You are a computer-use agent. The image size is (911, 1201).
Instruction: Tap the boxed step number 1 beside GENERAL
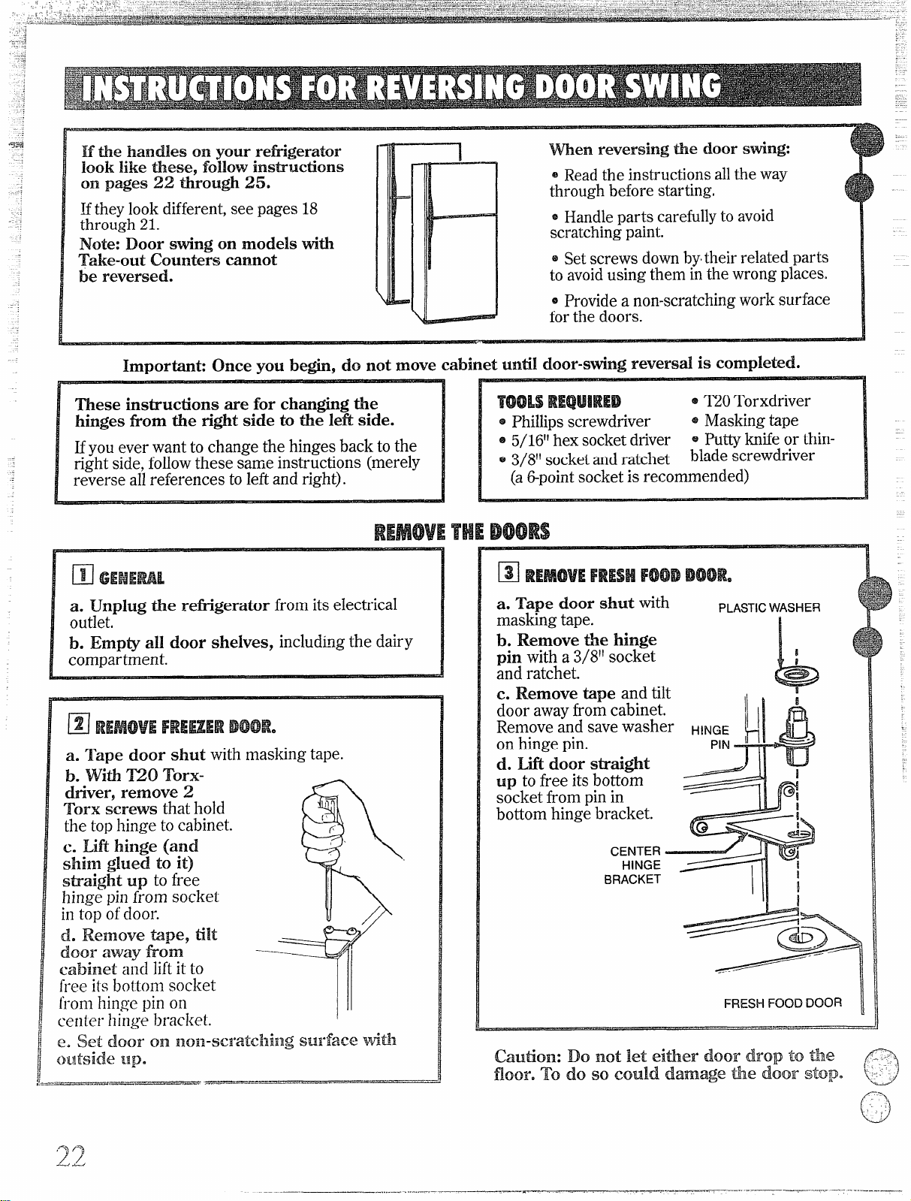tap(83, 575)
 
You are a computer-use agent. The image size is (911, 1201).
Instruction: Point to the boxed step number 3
tap(508, 572)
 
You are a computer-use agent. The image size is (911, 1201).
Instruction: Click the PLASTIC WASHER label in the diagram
tap(769, 608)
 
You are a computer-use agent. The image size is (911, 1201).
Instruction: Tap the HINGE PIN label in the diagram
tap(710, 737)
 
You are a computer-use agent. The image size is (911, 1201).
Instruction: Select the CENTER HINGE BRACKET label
tap(633, 865)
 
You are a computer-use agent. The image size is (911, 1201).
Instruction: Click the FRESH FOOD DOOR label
tap(783, 1003)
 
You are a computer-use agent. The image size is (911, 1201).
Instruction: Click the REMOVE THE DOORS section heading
tap(462, 531)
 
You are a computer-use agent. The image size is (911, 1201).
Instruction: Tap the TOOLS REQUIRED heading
tap(559, 402)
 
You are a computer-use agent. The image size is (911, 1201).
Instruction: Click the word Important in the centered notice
tap(164, 366)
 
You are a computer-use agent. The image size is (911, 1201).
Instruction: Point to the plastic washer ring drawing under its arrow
tap(797, 677)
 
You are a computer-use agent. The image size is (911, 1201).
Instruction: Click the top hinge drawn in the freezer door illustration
tap(340, 940)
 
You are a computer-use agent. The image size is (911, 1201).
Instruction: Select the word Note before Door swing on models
tap(100, 243)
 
